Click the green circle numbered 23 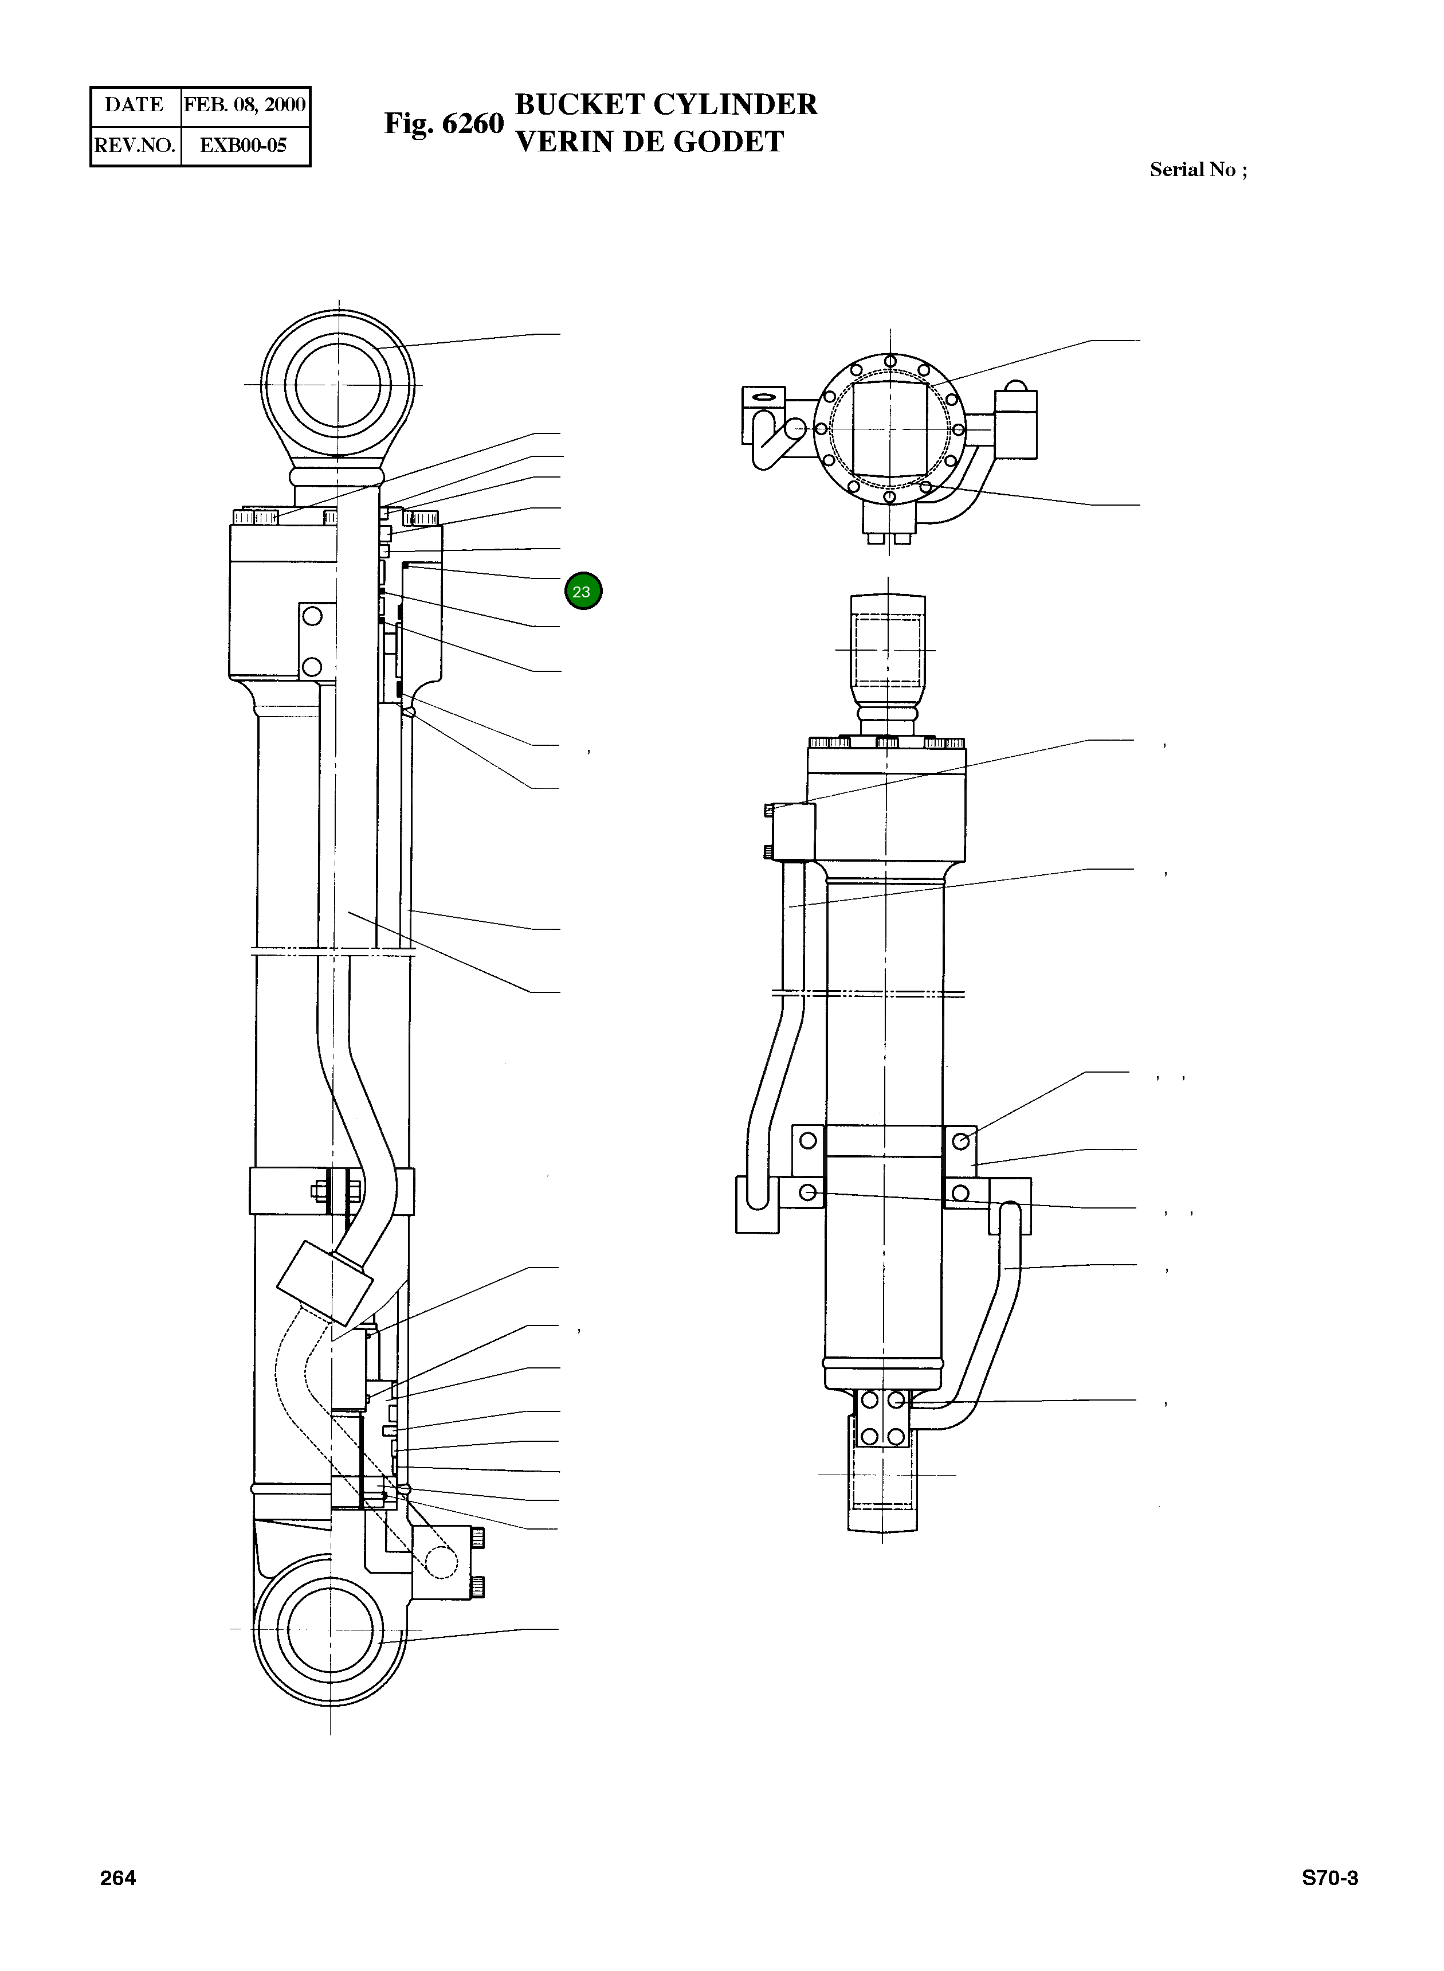click(583, 591)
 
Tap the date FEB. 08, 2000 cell click(245, 105)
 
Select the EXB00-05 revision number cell click(244, 145)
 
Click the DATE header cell click(135, 105)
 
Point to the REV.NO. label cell click(135, 145)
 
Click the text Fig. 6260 click(444, 123)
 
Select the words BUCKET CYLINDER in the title click(666, 104)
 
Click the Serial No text click(1198, 170)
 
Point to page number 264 click(118, 1878)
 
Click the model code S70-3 click(1329, 1878)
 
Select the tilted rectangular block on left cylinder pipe click(324, 1283)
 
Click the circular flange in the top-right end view click(890, 429)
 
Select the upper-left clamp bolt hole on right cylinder click(807, 1140)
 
